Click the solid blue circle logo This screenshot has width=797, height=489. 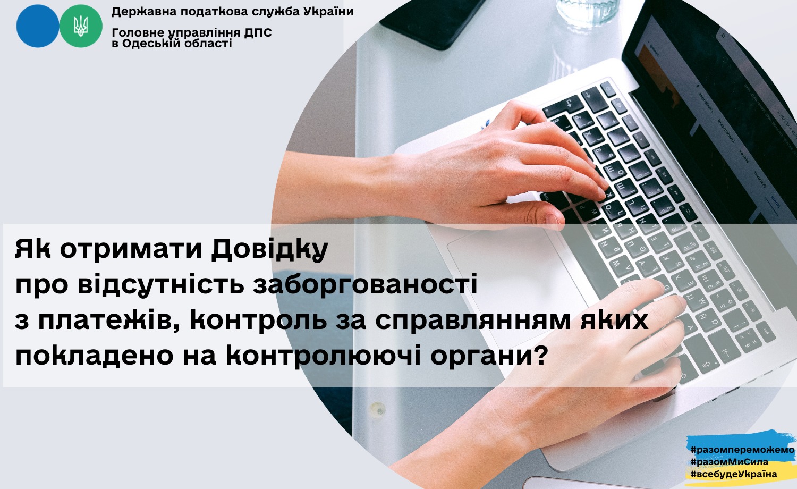click(37, 26)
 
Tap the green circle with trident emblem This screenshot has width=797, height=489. click(81, 26)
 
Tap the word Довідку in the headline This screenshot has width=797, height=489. click(269, 250)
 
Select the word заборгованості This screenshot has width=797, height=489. click(365, 285)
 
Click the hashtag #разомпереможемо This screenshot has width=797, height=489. click(742, 450)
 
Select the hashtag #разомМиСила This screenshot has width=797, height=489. click(729, 462)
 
